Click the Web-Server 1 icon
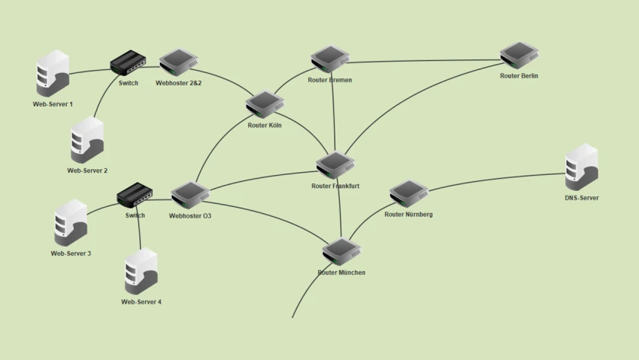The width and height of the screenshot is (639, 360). (53, 73)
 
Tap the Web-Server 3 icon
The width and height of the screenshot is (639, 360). (71, 222)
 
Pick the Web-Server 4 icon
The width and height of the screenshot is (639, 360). (141, 272)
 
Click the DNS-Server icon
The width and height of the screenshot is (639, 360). (582, 167)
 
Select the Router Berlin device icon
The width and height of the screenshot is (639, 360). (520, 56)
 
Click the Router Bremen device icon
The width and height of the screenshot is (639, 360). (330, 60)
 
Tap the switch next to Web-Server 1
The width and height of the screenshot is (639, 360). (128, 62)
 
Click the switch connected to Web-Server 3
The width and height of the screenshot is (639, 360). (135, 196)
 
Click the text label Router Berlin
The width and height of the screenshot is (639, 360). (519, 76)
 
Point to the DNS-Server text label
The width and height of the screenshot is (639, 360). (581, 198)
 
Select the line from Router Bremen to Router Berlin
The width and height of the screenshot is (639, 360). (426, 61)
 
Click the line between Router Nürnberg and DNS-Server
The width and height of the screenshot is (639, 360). (494, 180)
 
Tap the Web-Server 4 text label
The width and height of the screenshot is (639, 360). (141, 302)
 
